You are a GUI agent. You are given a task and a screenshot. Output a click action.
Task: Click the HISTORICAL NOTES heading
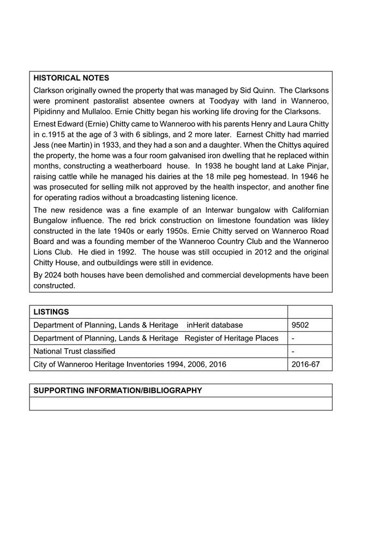tap(71, 78)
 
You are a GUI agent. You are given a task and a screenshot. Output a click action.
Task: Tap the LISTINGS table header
tap(51, 312)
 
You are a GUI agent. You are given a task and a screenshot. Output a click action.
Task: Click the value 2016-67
tap(305, 364)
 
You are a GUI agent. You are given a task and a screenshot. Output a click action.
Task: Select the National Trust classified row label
tap(74, 351)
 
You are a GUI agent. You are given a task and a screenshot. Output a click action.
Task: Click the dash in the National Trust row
tap(293, 351)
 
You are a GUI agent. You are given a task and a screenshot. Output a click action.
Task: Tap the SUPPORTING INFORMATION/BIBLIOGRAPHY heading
tap(118, 390)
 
